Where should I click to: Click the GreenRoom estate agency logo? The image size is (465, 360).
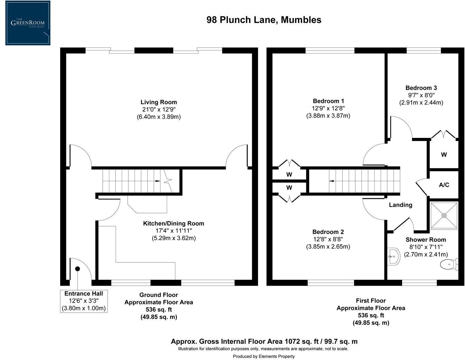[x=28, y=23]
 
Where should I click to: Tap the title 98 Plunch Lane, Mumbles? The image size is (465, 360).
[x=264, y=20]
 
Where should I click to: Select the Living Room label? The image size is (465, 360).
[x=158, y=102]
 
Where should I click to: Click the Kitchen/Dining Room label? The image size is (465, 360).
[x=173, y=223]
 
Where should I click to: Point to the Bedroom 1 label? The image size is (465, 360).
[x=328, y=101]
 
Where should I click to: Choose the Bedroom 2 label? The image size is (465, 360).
[x=328, y=232]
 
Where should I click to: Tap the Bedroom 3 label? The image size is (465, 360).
[x=421, y=88]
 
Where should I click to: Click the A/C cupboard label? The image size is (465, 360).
[x=444, y=185]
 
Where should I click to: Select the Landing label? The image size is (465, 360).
[x=400, y=205]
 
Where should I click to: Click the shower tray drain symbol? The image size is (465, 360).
[x=444, y=215]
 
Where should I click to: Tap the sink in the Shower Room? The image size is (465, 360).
[x=393, y=257]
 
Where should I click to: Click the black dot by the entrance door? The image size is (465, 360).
[x=77, y=269]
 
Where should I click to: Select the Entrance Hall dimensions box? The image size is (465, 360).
[x=84, y=301]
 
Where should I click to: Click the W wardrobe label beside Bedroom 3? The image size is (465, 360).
[x=444, y=155]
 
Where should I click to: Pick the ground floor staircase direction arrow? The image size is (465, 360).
[x=157, y=181]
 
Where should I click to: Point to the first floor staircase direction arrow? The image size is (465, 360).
[x=331, y=181]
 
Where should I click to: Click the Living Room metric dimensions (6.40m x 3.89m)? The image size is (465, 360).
[x=158, y=117]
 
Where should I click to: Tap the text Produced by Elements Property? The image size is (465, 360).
[x=264, y=356]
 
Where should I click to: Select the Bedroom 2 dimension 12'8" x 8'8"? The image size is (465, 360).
[x=328, y=239]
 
